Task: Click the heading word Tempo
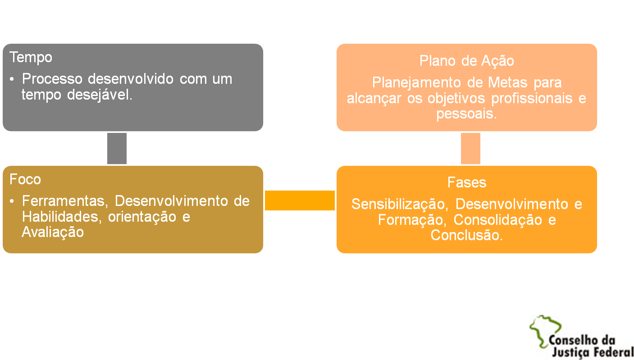(31, 58)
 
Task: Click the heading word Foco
(25, 179)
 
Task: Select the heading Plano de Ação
(467, 61)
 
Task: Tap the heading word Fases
(467, 182)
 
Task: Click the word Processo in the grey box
(52, 79)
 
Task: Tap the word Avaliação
(53, 232)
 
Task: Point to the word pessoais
(466, 114)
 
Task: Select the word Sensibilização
(399, 204)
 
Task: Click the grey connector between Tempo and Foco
(117, 148)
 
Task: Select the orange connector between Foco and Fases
(300, 200)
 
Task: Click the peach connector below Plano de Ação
(470, 148)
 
